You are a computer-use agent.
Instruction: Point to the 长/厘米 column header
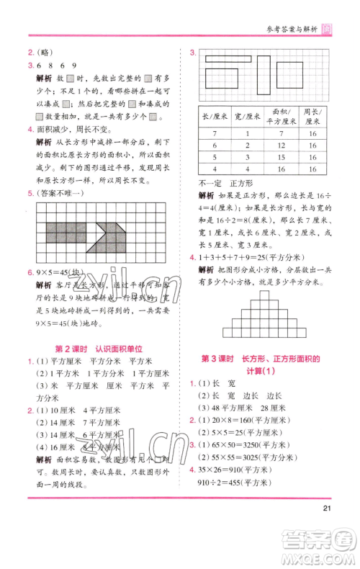(214, 117)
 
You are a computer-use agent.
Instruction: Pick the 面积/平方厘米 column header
(281, 117)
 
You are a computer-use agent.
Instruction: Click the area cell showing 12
(281, 145)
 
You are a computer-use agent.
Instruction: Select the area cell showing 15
(281, 157)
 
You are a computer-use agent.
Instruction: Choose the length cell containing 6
(214, 145)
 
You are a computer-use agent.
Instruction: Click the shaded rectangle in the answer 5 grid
(66, 231)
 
